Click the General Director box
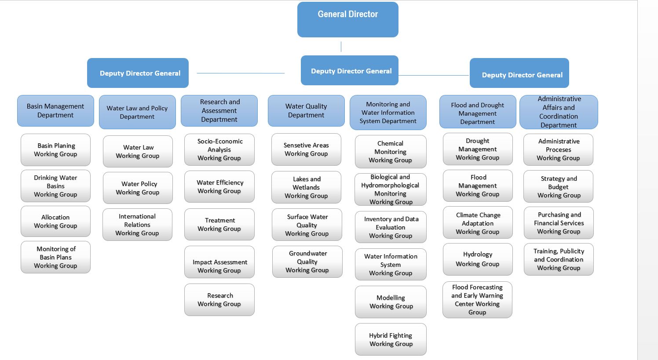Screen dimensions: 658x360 [x=348, y=19]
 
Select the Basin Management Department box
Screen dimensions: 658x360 [x=55, y=111]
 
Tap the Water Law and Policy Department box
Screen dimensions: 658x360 [x=138, y=112]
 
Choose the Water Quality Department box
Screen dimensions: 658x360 [x=306, y=111]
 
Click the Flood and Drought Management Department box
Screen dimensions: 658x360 [x=478, y=112]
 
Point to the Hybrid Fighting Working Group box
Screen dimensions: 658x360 [x=391, y=339]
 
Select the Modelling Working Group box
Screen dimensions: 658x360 [x=391, y=302]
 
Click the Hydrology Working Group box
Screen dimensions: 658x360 [x=478, y=259]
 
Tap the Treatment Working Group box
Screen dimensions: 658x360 [x=219, y=224]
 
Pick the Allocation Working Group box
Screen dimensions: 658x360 [x=55, y=222]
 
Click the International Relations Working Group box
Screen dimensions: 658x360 [x=138, y=225]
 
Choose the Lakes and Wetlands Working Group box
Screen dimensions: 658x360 [x=307, y=187]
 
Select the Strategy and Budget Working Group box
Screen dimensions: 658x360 [x=559, y=186]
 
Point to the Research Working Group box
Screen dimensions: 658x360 [x=219, y=300]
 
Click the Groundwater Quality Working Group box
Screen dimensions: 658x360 [x=307, y=262]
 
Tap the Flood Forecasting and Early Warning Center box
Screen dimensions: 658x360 [x=477, y=300]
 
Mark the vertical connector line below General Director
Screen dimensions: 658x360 [x=341, y=47]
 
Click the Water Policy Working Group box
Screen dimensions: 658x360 [x=138, y=188]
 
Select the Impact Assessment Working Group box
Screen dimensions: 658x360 [x=219, y=262]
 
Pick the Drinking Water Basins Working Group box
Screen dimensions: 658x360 [x=55, y=186]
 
